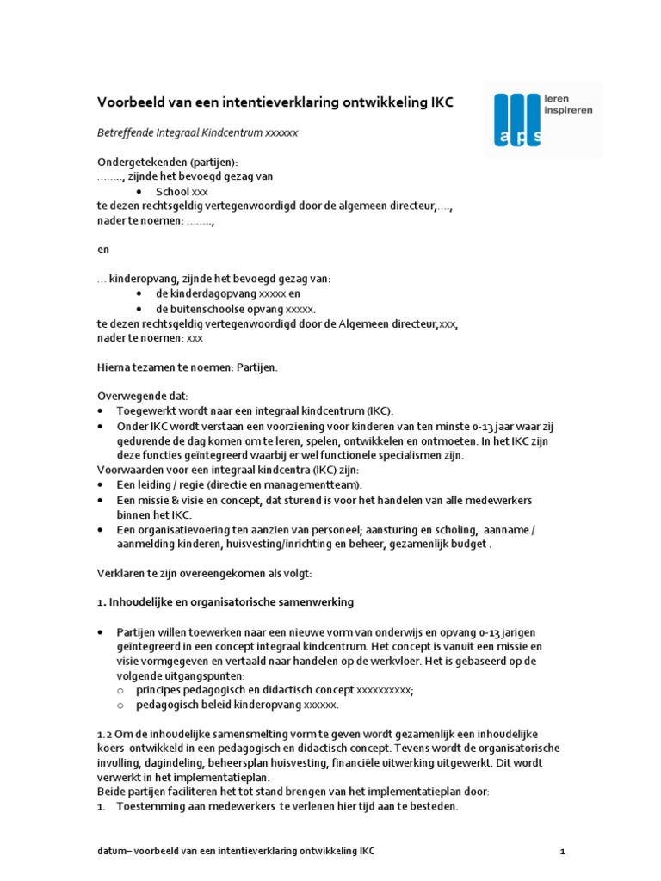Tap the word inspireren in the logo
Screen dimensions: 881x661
(568, 111)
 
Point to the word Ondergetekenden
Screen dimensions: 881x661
(135, 163)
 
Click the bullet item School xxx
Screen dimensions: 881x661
(182, 192)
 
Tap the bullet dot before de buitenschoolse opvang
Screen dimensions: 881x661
(139, 309)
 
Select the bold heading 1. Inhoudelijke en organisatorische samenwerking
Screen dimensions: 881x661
(225, 601)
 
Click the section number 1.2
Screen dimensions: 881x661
(104, 734)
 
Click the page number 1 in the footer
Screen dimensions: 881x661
(562, 852)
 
